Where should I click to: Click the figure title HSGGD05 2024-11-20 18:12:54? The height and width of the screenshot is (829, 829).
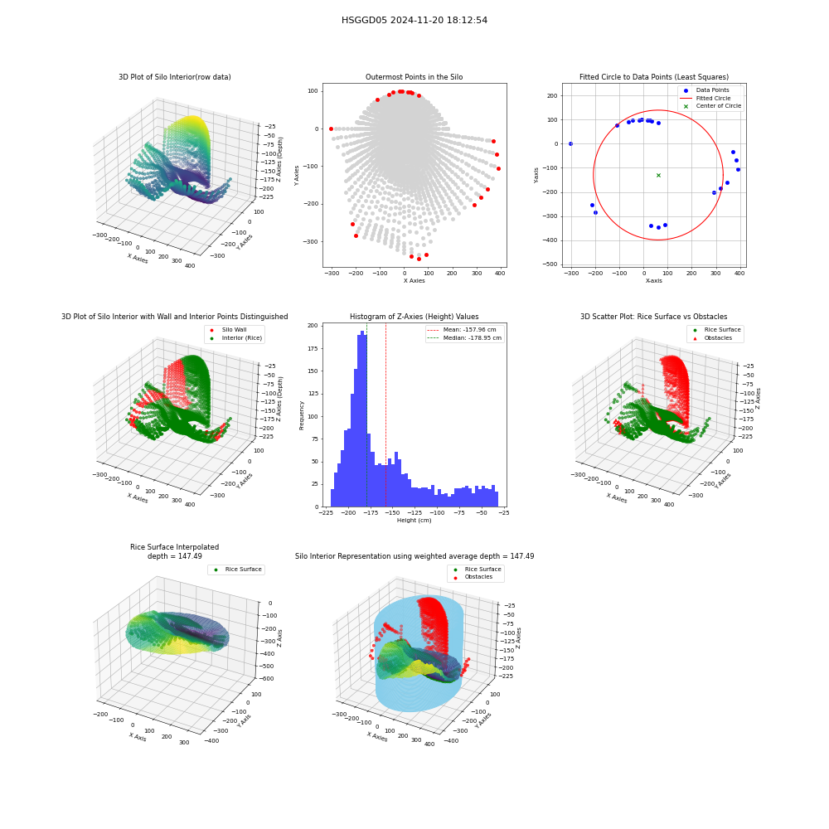point(414,20)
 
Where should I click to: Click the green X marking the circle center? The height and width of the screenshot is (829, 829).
point(658,175)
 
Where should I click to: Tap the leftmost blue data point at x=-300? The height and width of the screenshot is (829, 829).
point(570,143)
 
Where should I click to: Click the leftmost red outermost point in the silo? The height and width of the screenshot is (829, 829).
point(331,129)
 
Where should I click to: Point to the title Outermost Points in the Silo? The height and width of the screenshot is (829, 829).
point(414,77)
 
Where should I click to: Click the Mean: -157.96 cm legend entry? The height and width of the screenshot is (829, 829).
point(464,329)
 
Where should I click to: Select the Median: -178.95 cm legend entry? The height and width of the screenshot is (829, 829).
point(464,338)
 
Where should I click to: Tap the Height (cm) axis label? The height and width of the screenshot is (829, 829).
point(414,521)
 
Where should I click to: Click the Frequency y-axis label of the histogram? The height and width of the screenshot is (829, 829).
point(302,415)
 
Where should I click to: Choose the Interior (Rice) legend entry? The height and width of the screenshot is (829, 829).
point(235,338)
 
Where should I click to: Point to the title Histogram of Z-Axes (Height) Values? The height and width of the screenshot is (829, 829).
point(414,317)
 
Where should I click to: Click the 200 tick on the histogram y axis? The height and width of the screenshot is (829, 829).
point(313,326)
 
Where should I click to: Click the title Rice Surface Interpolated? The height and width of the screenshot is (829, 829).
point(174,547)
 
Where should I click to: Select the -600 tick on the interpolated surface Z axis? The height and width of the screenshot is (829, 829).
point(266,678)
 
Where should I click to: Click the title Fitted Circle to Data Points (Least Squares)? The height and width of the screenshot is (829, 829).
point(654,77)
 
